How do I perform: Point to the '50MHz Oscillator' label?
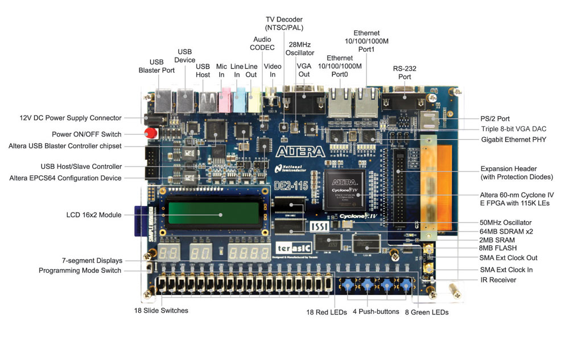pyautogui.click(x=505, y=222)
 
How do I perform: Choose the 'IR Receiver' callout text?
pyautogui.click(x=498, y=280)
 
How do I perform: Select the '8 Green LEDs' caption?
pyautogui.click(x=427, y=312)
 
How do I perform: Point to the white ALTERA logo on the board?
pyautogui.click(x=300, y=151)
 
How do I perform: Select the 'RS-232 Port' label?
pyautogui.click(x=405, y=73)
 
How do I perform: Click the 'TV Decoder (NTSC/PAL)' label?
pyautogui.click(x=284, y=23)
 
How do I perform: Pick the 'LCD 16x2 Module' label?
pyautogui.click(x=94, y=215)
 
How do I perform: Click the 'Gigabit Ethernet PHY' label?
pyautogui.click(x=513, y=139)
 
